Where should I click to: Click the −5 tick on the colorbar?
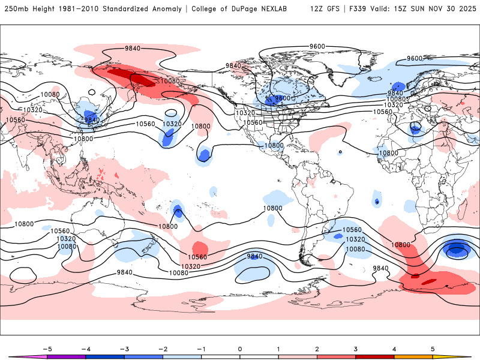pos(43,348)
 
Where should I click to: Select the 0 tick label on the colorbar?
pos(240,348)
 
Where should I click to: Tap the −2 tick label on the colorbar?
pos(161,348)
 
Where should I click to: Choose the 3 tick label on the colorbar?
pos(358,348)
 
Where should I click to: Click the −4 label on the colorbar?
pos(83,348)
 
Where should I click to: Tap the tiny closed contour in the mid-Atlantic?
pos(340,152)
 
